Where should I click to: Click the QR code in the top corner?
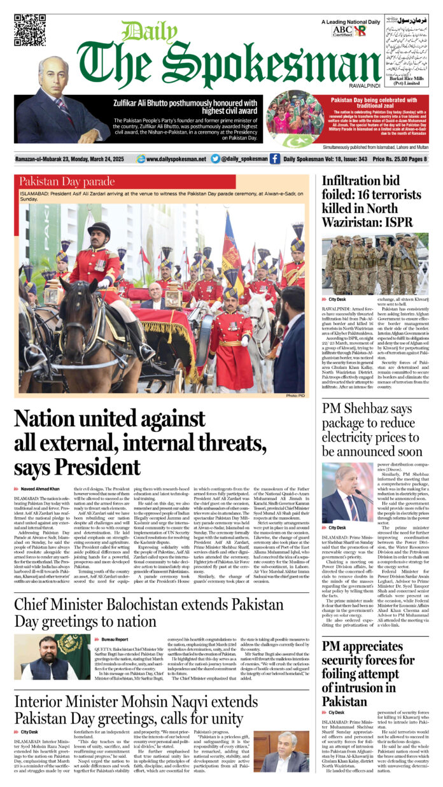click(x=30, y=29)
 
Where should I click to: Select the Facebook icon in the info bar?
click(x=274, y=159)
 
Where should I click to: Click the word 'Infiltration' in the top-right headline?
click(x=356, y=183)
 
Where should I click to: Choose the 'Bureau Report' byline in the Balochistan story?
click(x=114, y=639)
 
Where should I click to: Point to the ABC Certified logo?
click(x=342, y=31)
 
